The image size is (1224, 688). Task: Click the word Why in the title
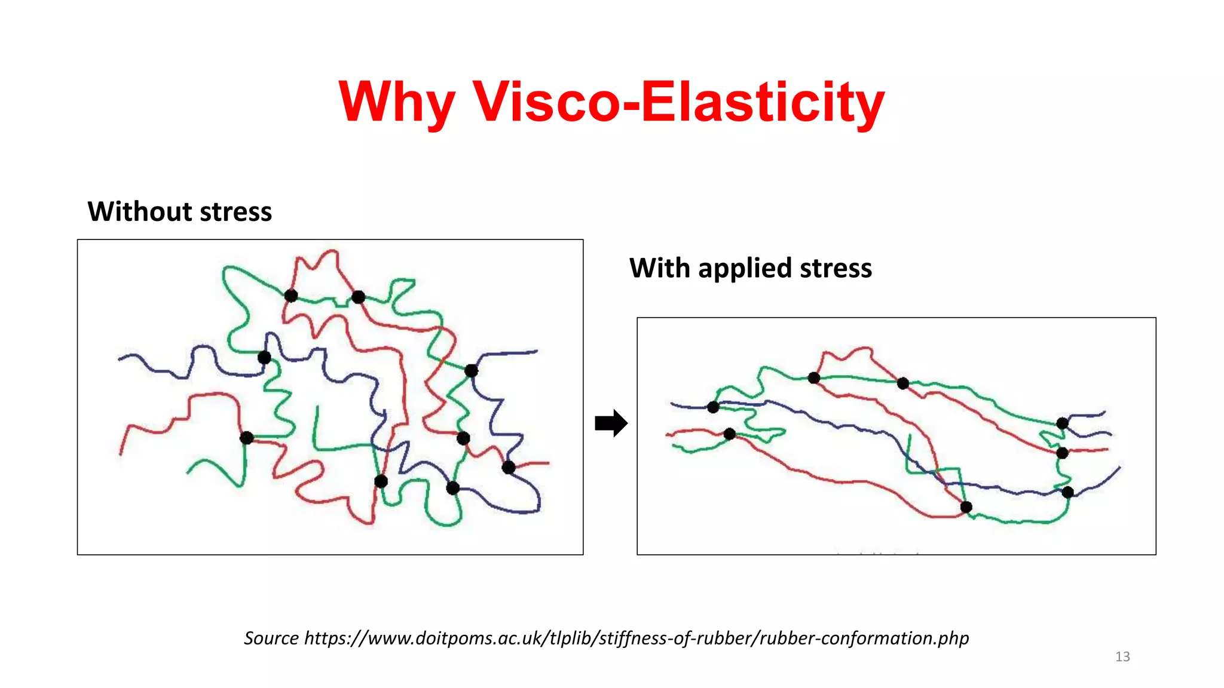pyautogui.click(x=397, y=103)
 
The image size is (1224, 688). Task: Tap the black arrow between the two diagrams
pyautogui.click(x=611, y=423)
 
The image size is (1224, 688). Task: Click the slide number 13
pyautogui.click(x=1122, y=657)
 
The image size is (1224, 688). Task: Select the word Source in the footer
pyautogui.click(x=271, y=638)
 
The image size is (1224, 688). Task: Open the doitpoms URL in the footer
pyautogui.click(x=636, y=638)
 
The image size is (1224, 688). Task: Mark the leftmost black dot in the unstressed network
pyautogui.click(x=246, y=438)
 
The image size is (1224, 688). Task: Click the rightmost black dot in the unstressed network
pyautogui.click(x=509, y=468)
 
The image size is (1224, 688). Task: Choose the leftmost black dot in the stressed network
pyautogui.click(x=713, y=407)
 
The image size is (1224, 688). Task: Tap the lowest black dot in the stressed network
pyautogui.click(x=966, y=508)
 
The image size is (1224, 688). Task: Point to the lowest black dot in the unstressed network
pyautogui.click(x=452, y=489)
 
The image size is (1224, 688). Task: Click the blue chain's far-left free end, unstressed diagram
pyautogui.click(x=120, y=359)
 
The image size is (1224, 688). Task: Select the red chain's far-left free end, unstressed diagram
pyautogui.click(x=121, y=454)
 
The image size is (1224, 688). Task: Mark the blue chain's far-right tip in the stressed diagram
pyautogui.click(x=1119, y=467)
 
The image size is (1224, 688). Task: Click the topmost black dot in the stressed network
pyautogui.click(x=813, y=378)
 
